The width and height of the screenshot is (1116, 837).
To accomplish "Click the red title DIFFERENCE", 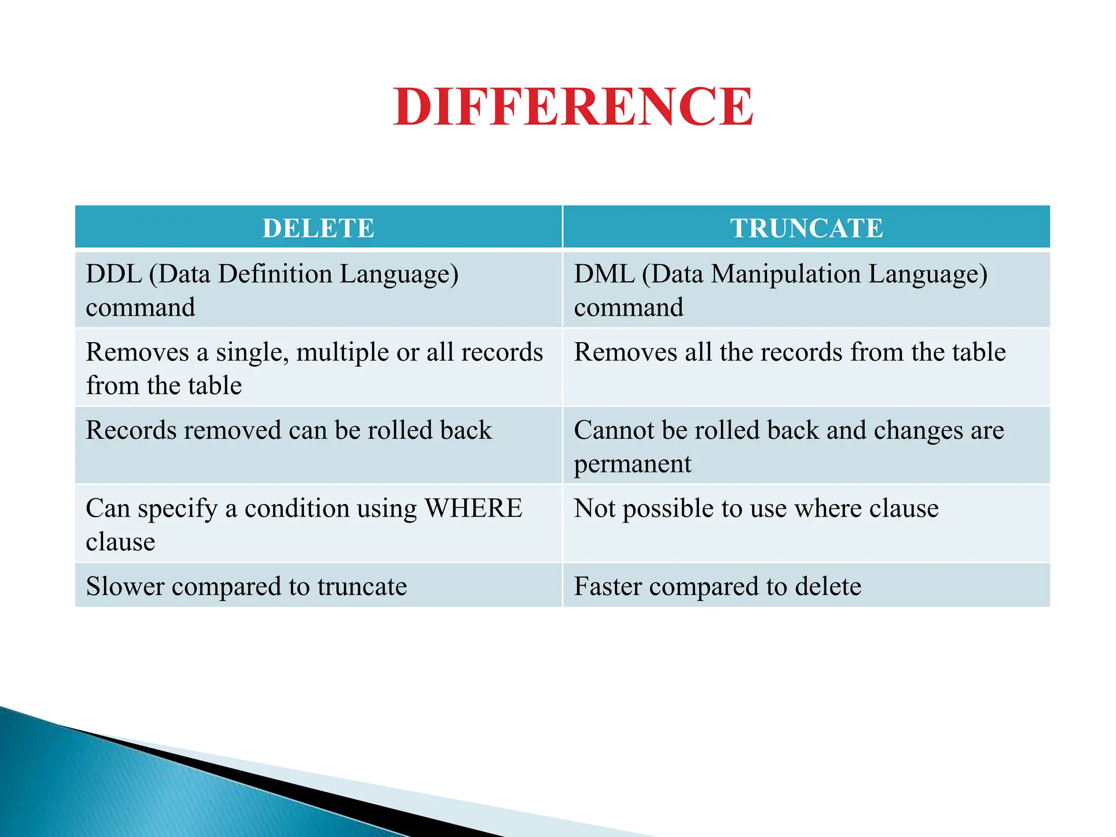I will point(573,107).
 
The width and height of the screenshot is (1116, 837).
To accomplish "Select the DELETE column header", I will point(318,228).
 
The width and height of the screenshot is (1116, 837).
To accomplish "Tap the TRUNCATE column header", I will point(806,228).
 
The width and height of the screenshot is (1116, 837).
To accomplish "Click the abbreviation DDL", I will point(113,274).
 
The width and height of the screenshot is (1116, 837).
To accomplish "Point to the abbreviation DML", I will point(604,274).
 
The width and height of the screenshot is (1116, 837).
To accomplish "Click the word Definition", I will point(275,274).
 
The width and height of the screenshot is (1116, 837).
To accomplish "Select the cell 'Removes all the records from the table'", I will point(790,352).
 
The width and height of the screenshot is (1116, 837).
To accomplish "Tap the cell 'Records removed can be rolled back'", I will point(289,430).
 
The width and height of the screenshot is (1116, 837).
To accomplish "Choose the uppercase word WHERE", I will point(473,508).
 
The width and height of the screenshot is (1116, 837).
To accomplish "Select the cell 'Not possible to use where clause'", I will point(756,508).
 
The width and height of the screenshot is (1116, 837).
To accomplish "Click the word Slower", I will point(125,587).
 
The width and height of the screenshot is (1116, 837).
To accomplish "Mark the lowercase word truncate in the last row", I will point(362,587).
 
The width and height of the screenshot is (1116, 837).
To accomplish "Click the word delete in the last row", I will point(828,587).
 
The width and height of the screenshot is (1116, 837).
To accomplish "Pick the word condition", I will point(297,508).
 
